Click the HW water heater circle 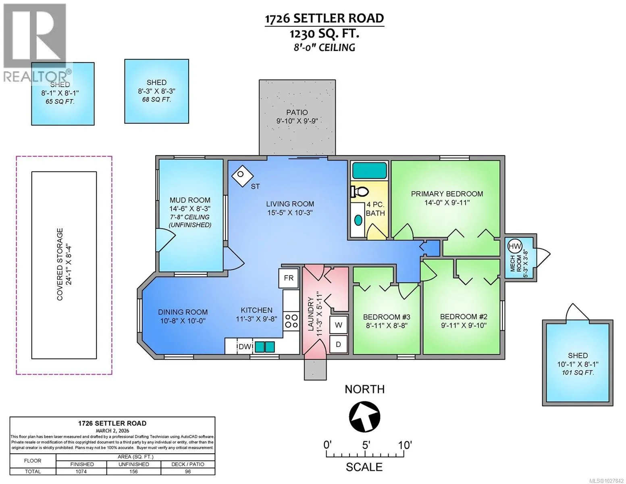(514, 246)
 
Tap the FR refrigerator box (288, 278)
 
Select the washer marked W (338, 325)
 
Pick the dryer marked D (338, 344)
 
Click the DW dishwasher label (245, 347)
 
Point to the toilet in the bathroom (359, 191)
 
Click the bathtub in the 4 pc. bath (370, 170)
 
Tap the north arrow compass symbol (364, 416)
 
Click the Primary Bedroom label (447, 194)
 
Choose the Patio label (297, 113)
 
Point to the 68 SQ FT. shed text (156, 100)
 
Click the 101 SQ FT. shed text (578, 373)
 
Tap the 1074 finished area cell (81, 471)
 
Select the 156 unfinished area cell (133, 471)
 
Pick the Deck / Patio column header (187, 464)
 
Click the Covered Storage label (60, 264)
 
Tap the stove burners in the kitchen (291, 321)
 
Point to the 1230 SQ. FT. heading (324, 34)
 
